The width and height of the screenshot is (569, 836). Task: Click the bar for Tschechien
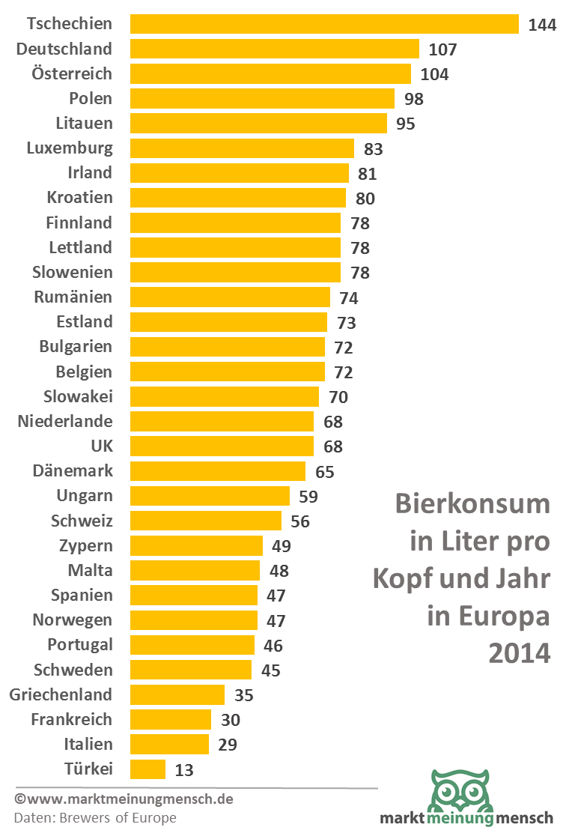tap(324, 24)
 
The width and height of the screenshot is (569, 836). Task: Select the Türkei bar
tap(147, 769)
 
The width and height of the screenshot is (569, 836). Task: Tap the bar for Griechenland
tap(177, 695)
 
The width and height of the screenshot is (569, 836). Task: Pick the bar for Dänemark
tap(218, 471)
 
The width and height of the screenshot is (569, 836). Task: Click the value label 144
tap(542, 25)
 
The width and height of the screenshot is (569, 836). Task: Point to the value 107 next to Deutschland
tap(442, 49)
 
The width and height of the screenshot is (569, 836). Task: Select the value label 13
tap(184, 770)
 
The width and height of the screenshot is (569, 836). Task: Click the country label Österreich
tap(72, 73)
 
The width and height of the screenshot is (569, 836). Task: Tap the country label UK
tap(101, 446)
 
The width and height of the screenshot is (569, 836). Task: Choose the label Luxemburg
tap(70, 148)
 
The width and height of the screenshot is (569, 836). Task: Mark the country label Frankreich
tap(71, 720)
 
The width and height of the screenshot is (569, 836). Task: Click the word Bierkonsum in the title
tap(472, 503)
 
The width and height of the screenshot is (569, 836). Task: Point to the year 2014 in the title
tap(519, 653)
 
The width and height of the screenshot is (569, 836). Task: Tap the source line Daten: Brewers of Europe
tap(95, 818)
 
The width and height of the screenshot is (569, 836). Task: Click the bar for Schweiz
tap(206, 521)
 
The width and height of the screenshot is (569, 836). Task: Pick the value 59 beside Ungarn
tap(308, 497)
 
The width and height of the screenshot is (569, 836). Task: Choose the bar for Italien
tap(169, 745)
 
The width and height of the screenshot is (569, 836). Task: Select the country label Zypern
tap(85, 546)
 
